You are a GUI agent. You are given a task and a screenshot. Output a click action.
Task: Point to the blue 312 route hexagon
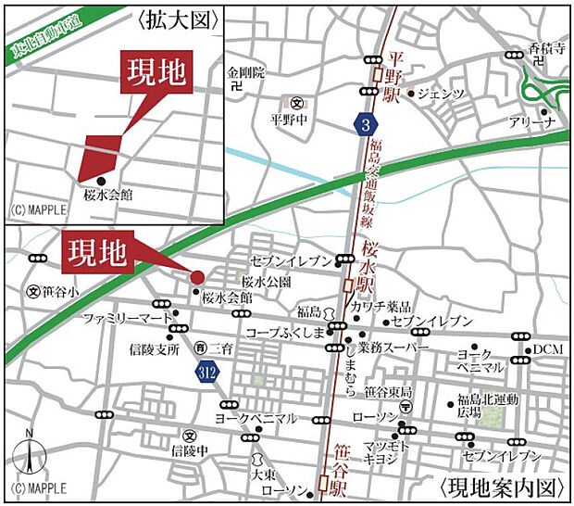click(207, 371)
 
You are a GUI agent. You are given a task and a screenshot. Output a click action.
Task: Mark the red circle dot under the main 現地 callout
click(197, 276)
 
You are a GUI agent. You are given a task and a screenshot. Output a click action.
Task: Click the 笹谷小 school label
click(61, 290)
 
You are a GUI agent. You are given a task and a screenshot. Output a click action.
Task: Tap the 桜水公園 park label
click(266, 281)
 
